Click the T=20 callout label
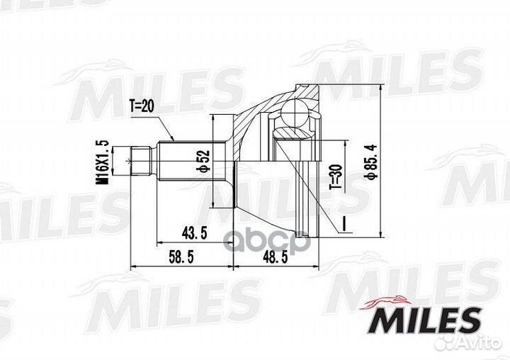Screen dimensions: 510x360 (142, 106)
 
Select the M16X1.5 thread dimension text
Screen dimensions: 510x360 (103, 162)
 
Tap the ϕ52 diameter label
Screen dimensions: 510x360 (205, 160)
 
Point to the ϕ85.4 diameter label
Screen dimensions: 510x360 (370, 162)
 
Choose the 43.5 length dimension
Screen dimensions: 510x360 (194, 233)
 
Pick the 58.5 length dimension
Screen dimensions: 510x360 (181, 257)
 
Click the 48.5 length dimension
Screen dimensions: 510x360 (276, 257)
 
